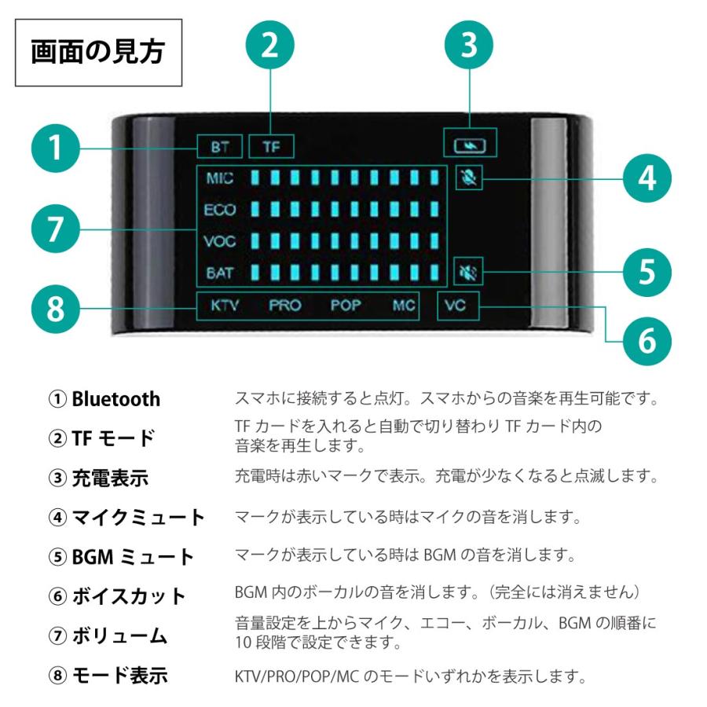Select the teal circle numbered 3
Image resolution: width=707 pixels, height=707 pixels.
(x=469, y=45)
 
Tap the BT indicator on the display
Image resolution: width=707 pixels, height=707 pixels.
(x=220, y=146)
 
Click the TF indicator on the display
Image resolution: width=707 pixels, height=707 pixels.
(x=271, y=146)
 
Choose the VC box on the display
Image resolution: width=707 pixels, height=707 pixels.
(x=456, y=306)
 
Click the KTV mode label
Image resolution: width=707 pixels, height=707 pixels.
(x=225, y=306)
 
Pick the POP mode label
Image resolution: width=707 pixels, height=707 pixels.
(x=345, y=306)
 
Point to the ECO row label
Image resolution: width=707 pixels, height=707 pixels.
(x=219, y=211)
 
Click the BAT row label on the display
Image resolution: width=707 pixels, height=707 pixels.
(x=219, y=273)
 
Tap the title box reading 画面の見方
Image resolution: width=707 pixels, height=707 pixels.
(x=98, y=53)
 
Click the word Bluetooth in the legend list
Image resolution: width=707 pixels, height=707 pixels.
(x=115, y=399)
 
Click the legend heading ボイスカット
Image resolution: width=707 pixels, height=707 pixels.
(x=129, y=595)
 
